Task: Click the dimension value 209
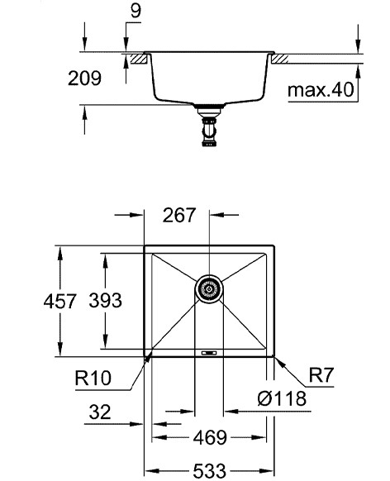(84, 79)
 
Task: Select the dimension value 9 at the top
(135, 12)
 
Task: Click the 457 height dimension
(60, 302)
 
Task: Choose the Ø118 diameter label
(282, 399)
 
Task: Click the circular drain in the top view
(209, 289)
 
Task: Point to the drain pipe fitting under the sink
(209, 128)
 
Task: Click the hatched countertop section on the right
(281, 59)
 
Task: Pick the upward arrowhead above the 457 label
(60, 251)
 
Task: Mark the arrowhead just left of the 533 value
(151, 470)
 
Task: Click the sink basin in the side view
(209, 79)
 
